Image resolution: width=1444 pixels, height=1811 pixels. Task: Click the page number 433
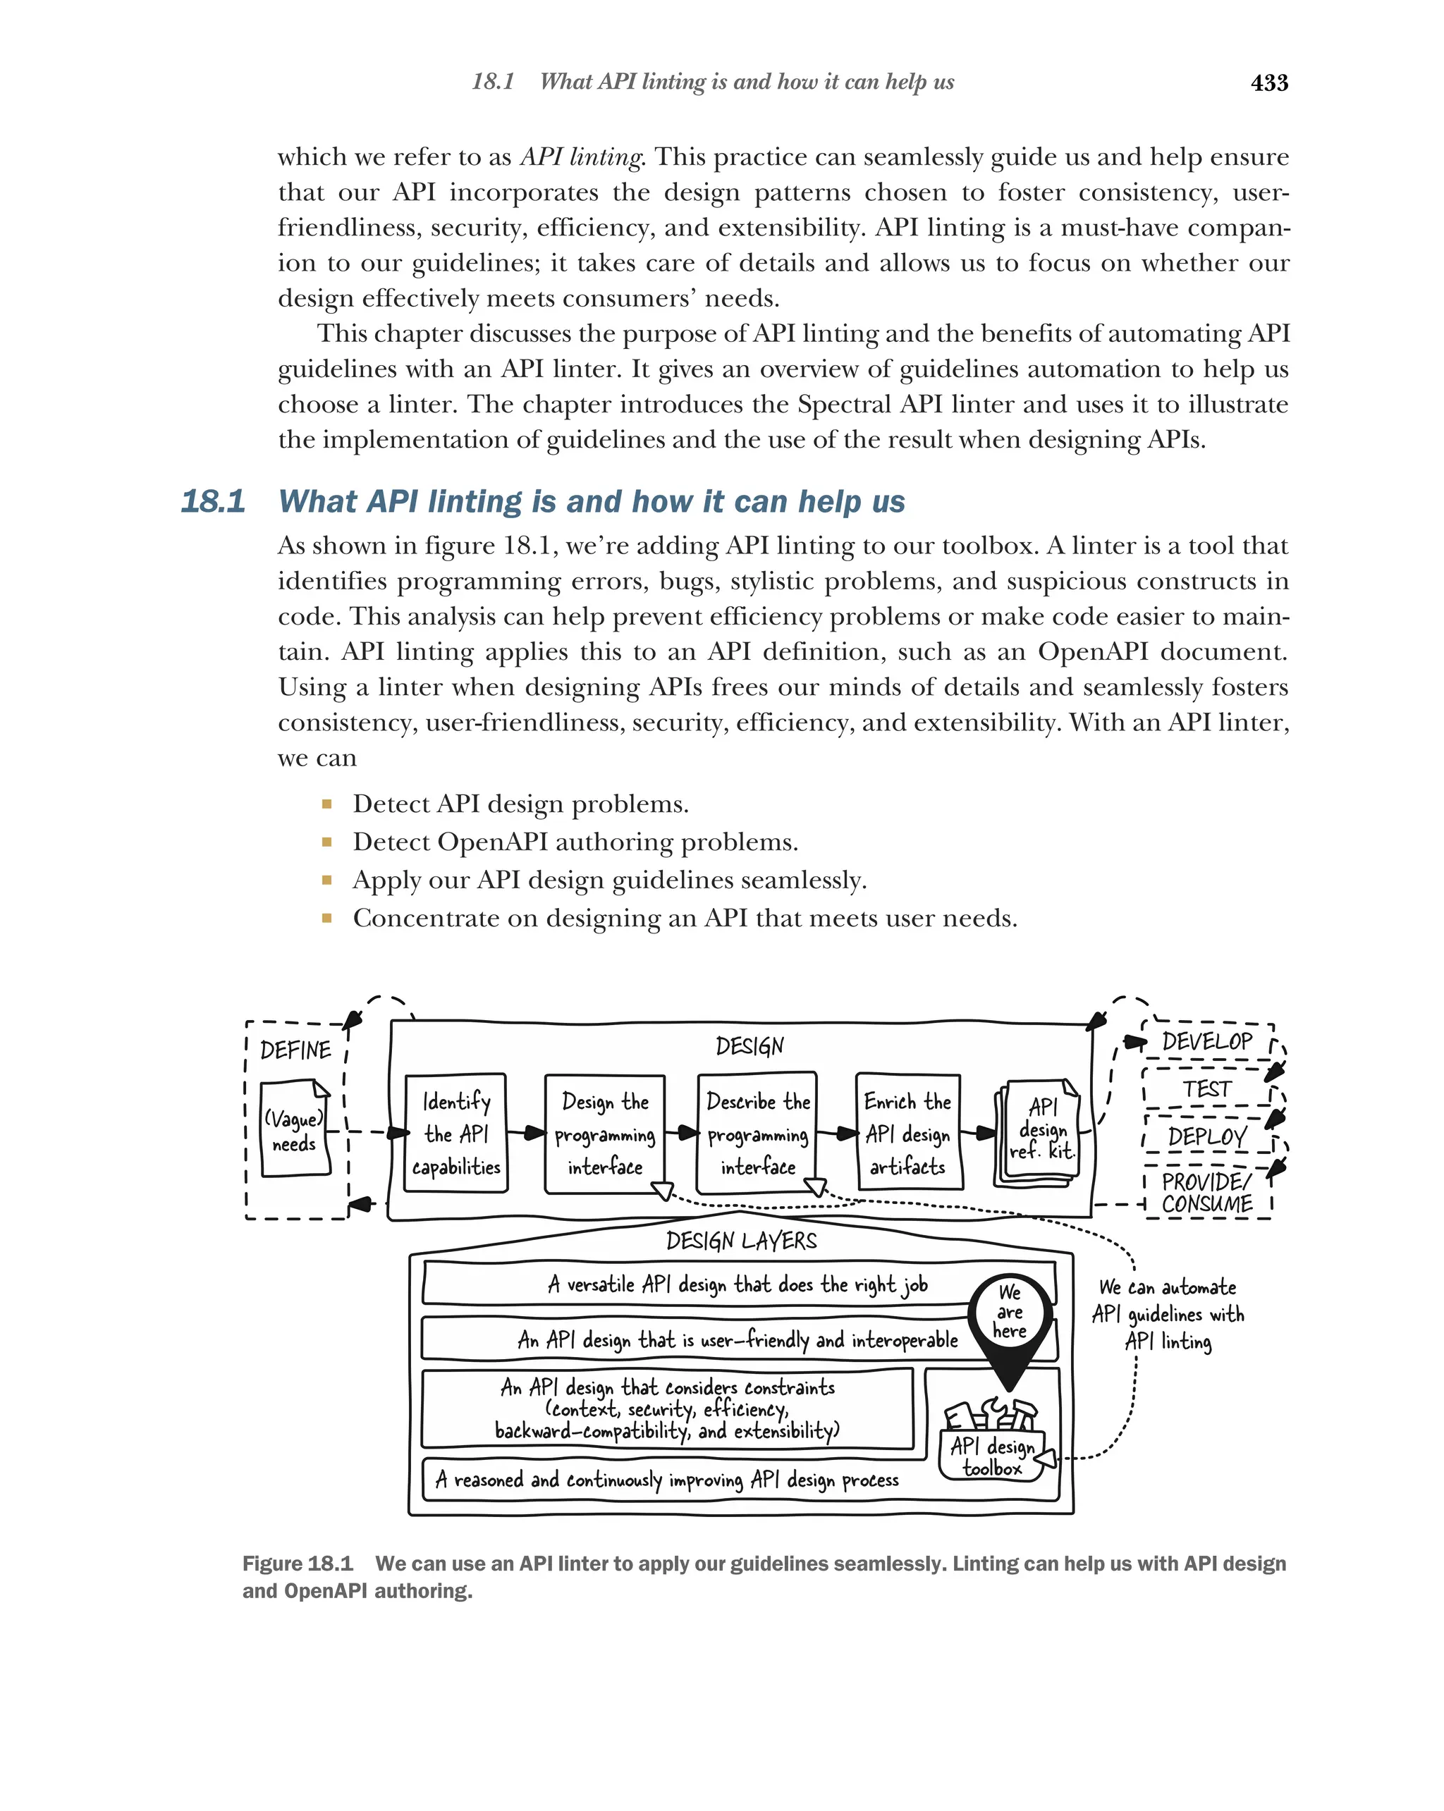(1268, 82)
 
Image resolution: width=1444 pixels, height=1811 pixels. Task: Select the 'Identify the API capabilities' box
(455, 1133)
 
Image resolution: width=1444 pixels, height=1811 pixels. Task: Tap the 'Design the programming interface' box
(604, 1133)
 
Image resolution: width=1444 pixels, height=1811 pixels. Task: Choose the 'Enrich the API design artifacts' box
(908, 1133)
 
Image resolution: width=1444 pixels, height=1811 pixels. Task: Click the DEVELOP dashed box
(1206, 1042)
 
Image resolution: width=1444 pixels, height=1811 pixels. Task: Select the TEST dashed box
(1206, 1088)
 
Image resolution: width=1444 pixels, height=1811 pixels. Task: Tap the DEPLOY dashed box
(1206, 1136)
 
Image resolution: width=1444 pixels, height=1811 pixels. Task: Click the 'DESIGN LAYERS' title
(741, 1241)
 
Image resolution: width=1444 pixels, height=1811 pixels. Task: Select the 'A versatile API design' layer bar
(738, 1284)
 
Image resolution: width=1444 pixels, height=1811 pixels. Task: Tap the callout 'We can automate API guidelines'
(1168, 1315)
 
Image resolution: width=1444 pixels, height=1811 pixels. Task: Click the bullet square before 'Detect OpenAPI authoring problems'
(326, 842)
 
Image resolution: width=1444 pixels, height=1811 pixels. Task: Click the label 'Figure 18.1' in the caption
(298, 1563)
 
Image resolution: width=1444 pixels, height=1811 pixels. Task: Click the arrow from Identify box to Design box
(526, 1133)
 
